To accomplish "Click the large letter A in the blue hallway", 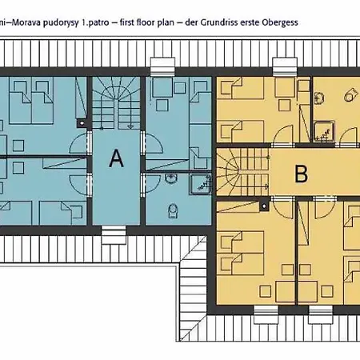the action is (x=116, y=158).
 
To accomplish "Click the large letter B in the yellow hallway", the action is (x=302, y=174).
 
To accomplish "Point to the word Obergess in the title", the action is (x=280, y=22).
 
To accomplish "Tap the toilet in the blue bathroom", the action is (x=173, y=211).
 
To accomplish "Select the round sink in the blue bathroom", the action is (x=170, y=178).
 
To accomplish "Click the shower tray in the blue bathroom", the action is (x=201, y=183).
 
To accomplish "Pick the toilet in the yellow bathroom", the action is (x=350, y=94).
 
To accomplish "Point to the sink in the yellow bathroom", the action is (x=319, y=98).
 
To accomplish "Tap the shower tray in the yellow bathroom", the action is (x=324, y=130).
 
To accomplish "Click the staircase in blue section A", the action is (x=116, y=102).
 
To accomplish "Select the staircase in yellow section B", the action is (x=242, y=171).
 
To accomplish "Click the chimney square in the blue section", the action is (x=82, y=123).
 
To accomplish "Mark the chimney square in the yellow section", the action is (x=264, y=206).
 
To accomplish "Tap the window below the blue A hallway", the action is (x=114, y=234).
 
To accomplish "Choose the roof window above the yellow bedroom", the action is (x=285, y=66).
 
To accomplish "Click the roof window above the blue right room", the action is (x=163, y=66).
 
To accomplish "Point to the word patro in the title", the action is (x=99, y=22).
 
